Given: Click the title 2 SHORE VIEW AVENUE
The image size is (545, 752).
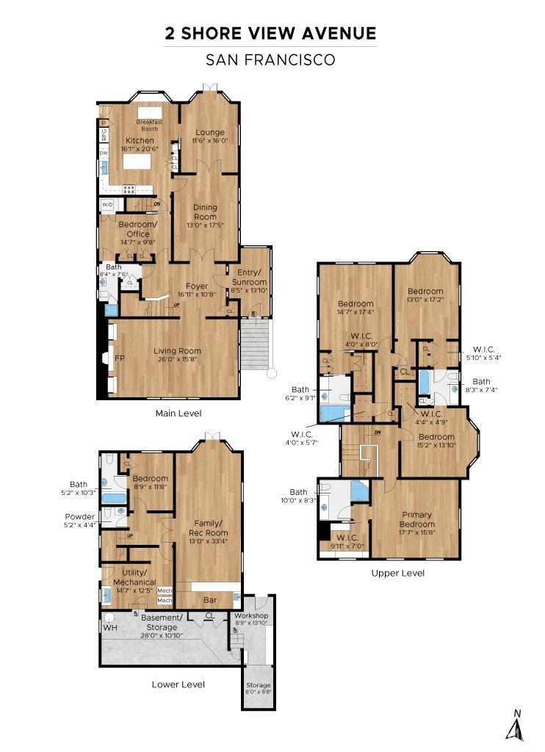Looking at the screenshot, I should coord(271,33).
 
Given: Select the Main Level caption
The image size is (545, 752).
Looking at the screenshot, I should coord(178,413).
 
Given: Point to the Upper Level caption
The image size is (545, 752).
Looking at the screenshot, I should coord(397,573).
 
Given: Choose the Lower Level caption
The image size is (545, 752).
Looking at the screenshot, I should coord(178,684).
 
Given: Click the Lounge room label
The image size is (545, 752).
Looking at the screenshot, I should coord(210,132).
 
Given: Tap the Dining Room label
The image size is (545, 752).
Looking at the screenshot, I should coord(205,212).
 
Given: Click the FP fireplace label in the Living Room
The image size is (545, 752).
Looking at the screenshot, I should coord(119,359).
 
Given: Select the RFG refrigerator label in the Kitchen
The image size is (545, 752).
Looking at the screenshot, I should coord(104,134).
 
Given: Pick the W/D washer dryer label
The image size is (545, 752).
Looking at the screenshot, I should coord(107,205).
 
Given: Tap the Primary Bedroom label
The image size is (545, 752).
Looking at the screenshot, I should coord(416,519).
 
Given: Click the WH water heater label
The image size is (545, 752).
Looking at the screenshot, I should coord(109,629).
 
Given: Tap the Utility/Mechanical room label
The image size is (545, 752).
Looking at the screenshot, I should coord(135,576).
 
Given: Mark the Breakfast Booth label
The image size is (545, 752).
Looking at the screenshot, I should coord(151,125).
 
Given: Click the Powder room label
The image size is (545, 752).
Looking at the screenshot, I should coord(79,516).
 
